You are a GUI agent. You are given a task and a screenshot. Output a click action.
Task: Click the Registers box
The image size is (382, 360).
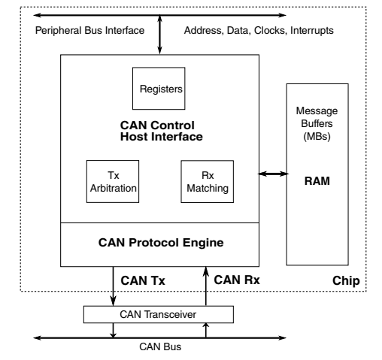click(158, 88)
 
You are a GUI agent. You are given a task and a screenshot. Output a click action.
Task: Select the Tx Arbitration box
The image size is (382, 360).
click(112, 182)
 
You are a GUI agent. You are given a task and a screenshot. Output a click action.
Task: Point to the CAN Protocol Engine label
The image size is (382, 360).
click(160, 244)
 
